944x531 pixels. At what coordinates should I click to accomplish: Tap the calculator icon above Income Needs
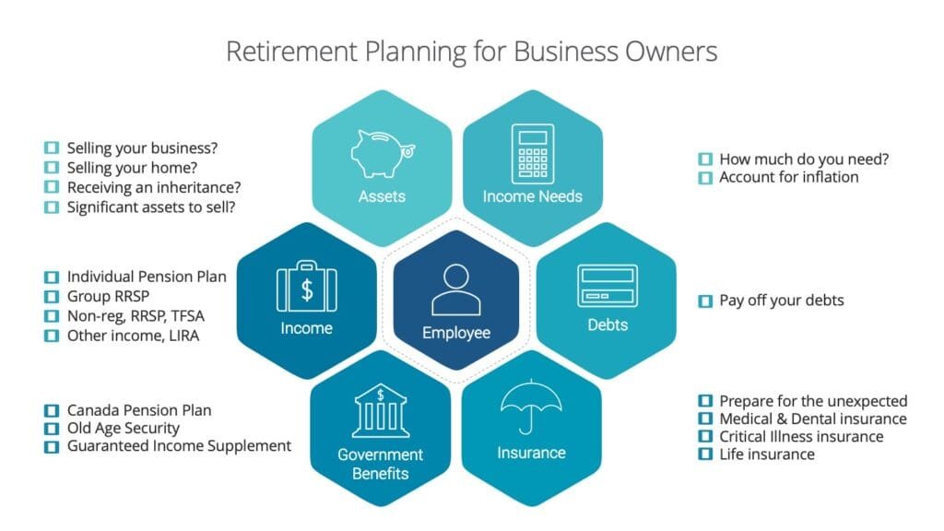[x=532, y=153]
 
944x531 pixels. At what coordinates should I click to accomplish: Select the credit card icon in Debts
[x=607, y=287]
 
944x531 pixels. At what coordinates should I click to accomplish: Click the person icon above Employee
[x=456, y=289]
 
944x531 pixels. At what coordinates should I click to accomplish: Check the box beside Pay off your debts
[x=704, y=301]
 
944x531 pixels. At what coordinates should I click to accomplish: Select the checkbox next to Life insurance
[x=704, y=454]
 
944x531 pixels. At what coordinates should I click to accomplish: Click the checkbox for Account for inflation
[x=704, y=177]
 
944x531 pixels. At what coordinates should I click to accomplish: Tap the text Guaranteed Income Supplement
[x=179, y=446]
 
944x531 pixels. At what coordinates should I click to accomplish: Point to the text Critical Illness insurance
[x=801, y=436]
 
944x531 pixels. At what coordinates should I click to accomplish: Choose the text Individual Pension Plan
[x=147, y=277]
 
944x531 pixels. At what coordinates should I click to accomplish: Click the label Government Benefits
[x=381, y=464]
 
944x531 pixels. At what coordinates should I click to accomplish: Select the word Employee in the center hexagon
[x=456, y=332]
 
